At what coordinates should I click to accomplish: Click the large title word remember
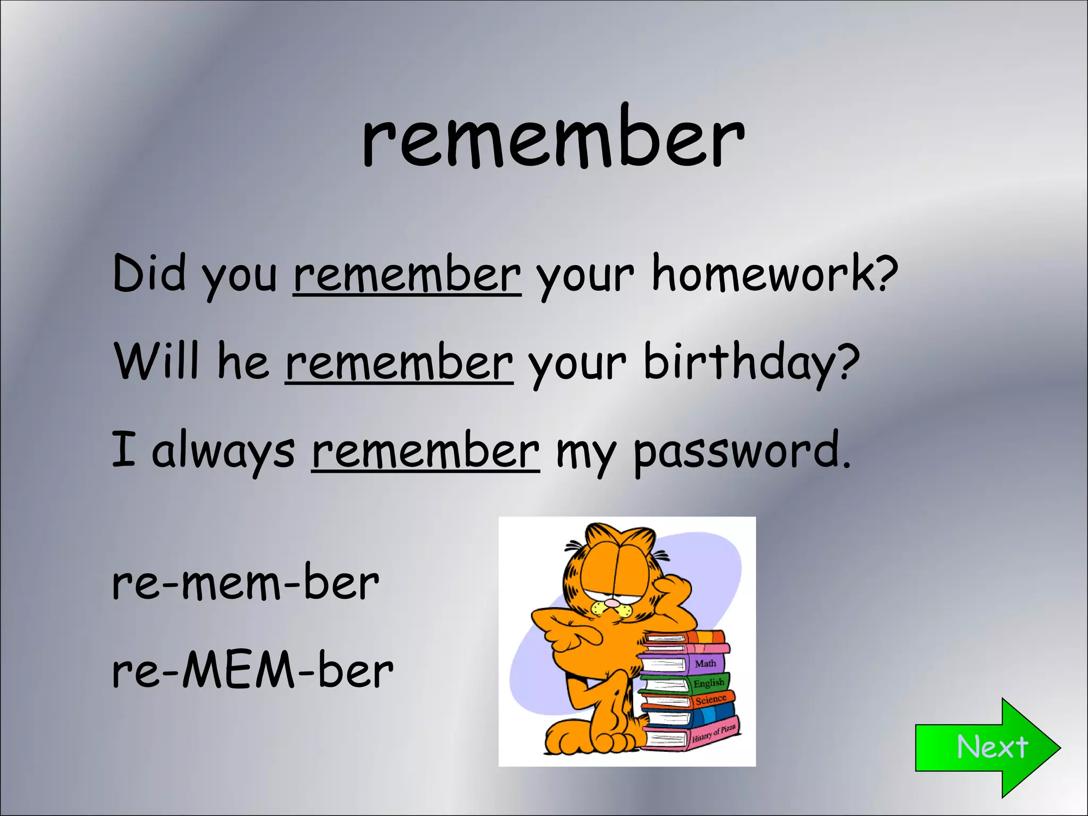pos(552,139)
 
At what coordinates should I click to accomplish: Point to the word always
pos(223,452)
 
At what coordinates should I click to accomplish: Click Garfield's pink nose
pos(613,603)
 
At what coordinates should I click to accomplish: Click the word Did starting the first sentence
pos(149,274)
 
